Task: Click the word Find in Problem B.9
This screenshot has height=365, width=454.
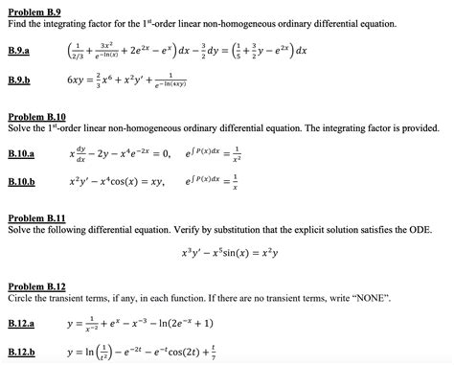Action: (16, 20)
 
